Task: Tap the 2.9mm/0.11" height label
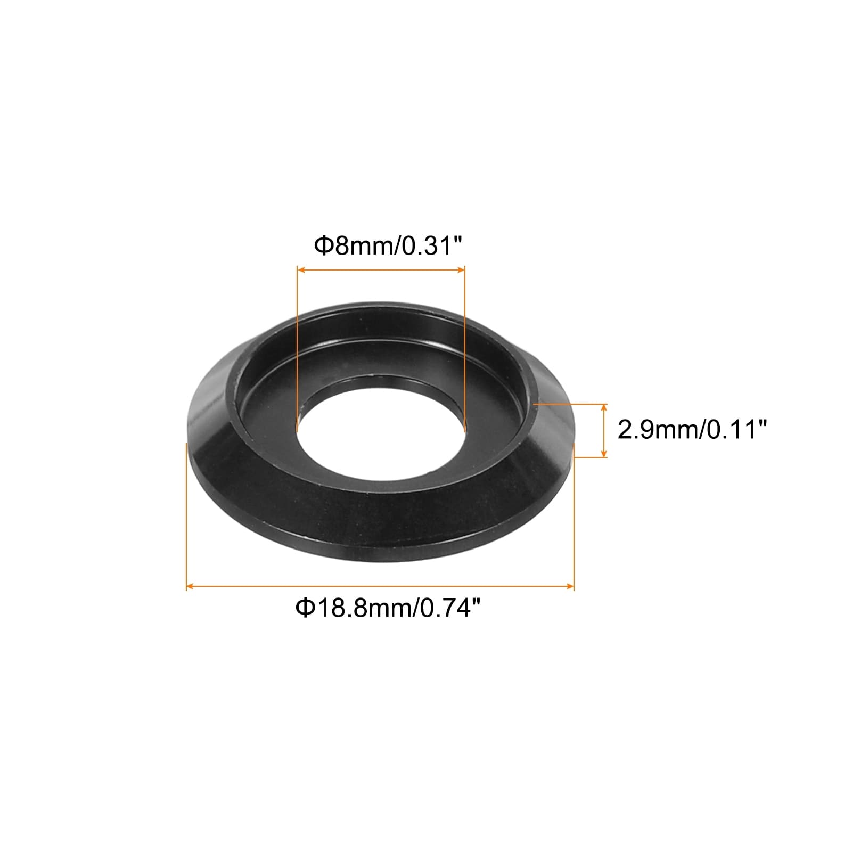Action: coord(692,429)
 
